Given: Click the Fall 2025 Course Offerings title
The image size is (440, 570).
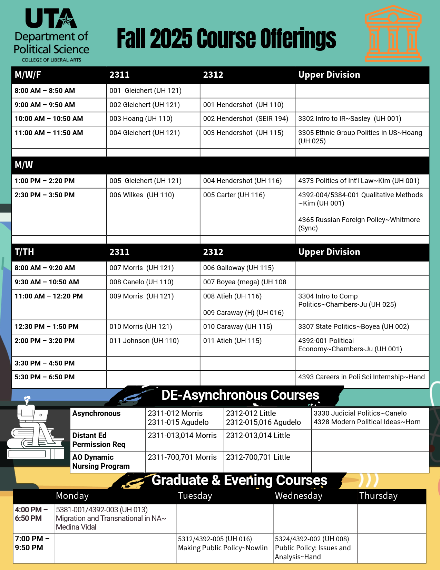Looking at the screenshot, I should pos(226,39).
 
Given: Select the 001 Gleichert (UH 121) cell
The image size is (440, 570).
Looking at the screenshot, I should pos(145,91).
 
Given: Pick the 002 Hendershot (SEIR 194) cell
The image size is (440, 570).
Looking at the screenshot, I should pos(245,119).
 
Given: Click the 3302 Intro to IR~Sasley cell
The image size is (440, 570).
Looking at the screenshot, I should pos(349,119).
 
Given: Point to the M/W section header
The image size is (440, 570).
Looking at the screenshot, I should pos(24,165).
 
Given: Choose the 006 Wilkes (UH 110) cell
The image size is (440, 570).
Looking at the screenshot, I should pos(141,195).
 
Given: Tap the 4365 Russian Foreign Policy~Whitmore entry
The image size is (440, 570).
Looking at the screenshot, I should pos(359,224).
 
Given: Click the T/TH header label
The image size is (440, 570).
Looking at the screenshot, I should pos(24,252).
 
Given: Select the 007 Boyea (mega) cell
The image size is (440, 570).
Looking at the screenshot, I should pos(244,282).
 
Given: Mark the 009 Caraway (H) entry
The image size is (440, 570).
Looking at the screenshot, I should pos(243,313).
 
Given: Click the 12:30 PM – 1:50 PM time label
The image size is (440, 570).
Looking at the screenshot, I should pos(47,327).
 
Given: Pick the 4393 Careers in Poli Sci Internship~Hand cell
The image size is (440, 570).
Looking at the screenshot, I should pos(361,377).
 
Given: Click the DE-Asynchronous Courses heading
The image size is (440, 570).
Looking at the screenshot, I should pos(240,395).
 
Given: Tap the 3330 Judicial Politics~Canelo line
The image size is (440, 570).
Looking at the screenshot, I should pos(360,414).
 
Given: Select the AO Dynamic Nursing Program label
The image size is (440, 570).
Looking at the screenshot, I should pos(101,462).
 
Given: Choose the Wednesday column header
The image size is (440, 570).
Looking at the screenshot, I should pos(299,496).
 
